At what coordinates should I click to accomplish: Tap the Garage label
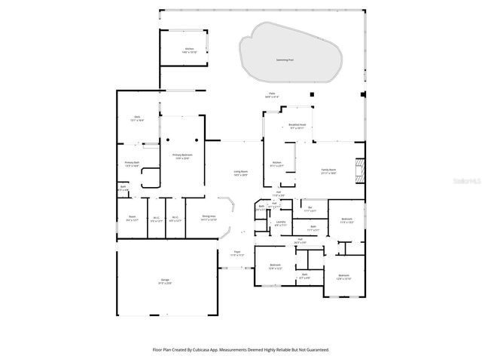click(x=164, y=281)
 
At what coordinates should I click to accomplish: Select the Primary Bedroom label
click(x=182, y=156)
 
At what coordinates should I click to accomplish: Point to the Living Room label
click(x=240, y=173)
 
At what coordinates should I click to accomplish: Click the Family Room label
click(x=328, y=171)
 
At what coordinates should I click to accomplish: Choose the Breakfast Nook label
click(x=297, y=126)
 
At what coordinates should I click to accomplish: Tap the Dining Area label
click(x=209, y=218)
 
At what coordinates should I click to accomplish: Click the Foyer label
click(x=236, y=254)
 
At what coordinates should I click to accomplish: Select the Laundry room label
click(x=280, y=223)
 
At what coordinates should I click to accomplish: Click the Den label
click(x=137, y=118)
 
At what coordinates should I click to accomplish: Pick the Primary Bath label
click(x=132, y=164)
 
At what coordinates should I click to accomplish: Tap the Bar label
click(x=310, y=208)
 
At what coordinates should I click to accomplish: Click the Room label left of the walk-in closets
click(x=132, y=219)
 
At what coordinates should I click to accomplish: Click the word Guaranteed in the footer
click(x=316, y=350)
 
